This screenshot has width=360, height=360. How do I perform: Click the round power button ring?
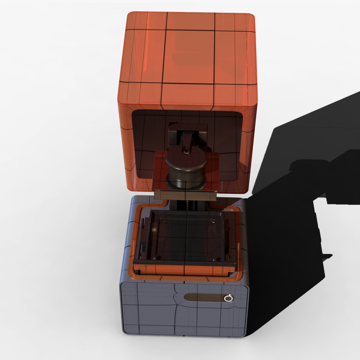[228, 298]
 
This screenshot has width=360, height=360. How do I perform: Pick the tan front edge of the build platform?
[185, 195]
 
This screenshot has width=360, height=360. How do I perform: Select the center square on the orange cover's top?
[188, 57]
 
